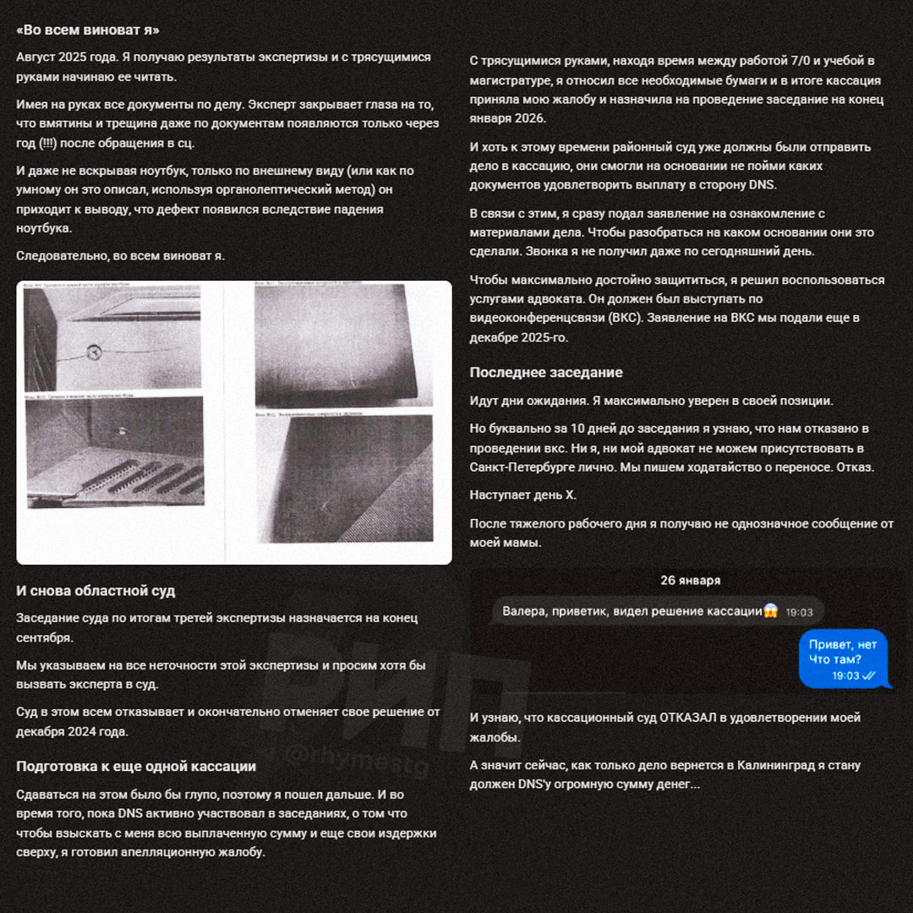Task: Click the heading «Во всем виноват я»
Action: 88,30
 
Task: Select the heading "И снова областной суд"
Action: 96,591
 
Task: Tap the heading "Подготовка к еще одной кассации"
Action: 136,767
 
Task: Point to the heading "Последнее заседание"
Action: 546,373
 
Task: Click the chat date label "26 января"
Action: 691,581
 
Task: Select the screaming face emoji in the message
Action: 770,611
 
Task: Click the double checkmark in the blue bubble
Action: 869,676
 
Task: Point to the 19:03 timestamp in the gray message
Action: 799,612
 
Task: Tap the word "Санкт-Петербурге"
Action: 518,467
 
